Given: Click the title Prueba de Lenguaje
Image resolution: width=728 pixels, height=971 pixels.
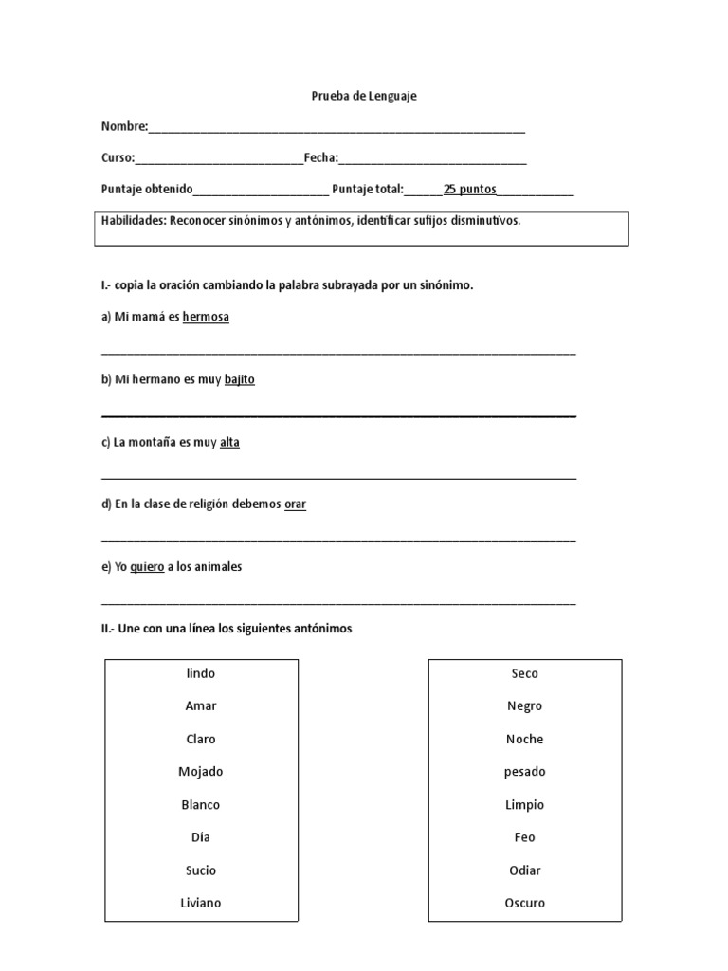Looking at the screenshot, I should (x=364, y=96).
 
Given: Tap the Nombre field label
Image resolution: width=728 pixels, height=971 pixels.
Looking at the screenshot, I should (x=124, y=126).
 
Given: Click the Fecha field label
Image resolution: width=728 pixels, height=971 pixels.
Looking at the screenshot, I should (x=320, y=157).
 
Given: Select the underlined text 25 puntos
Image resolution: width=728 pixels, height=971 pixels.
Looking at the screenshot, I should (x=470, y=189).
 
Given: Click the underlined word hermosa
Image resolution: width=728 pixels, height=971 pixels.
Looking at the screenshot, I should (x=206, y=317).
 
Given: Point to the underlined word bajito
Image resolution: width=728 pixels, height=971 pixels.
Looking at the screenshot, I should (x=240, y=379).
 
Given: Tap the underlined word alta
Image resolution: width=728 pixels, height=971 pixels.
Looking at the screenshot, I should (x=229, y=442).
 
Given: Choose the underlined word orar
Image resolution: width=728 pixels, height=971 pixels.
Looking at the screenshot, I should (x=295, y=504).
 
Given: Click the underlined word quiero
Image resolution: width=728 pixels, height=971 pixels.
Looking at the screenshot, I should (x=147, y=567).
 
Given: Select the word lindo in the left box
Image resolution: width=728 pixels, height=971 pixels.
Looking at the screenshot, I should (x=201, y=673).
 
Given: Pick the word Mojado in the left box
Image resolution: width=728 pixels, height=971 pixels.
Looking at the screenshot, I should (x=201, y=772).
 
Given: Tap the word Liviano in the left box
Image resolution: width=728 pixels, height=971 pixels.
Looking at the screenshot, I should (x=201, y=903).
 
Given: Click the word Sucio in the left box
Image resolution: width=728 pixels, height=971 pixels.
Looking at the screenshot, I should (x=201, y=870).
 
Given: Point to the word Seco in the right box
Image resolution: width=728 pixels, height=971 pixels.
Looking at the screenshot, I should (x=524, y=673).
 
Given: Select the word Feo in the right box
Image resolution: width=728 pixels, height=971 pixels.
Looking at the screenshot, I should (x=524, y=837).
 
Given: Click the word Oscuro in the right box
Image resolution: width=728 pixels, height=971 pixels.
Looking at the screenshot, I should (x=524, y=903).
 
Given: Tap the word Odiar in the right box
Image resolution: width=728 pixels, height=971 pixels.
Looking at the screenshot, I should (x=524, y=870).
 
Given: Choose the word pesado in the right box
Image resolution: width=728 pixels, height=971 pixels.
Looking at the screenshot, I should (x=524, y=772).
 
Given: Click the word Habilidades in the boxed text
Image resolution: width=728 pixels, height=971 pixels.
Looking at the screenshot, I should (x=133, y=221).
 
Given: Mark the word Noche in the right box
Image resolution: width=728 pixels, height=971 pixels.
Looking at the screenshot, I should (x=524, y=739).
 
